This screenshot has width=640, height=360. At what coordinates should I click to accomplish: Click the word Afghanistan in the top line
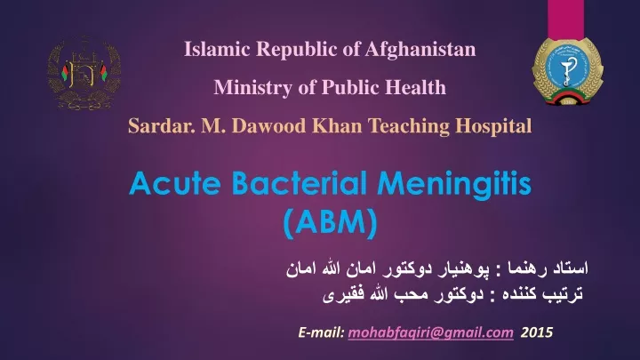click(420, 50)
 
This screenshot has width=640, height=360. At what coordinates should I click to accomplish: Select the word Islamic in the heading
click(217, 49)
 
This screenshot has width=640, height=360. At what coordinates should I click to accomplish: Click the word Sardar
click(162, 125)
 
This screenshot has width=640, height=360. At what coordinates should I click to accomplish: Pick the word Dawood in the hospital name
click(268, 125)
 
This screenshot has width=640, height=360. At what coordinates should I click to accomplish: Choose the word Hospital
click(493, 126)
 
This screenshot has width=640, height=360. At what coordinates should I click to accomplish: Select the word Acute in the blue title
click(175, 183)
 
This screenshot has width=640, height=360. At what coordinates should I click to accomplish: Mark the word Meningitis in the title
click(454, 185)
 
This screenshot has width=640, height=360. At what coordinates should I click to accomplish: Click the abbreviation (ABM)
click(330, 222)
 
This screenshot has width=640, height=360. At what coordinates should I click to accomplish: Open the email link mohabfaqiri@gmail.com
click(430, 332)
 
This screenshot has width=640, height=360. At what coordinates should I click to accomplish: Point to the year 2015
click(536, 332)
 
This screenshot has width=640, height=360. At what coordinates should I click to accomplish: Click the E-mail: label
click(322, 332)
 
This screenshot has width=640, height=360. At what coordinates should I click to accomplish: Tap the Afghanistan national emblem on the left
click(84, 74)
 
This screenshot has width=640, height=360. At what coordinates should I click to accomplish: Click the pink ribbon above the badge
click(565, 20)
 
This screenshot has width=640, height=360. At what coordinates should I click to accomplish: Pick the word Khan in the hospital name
click(337, 125)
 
